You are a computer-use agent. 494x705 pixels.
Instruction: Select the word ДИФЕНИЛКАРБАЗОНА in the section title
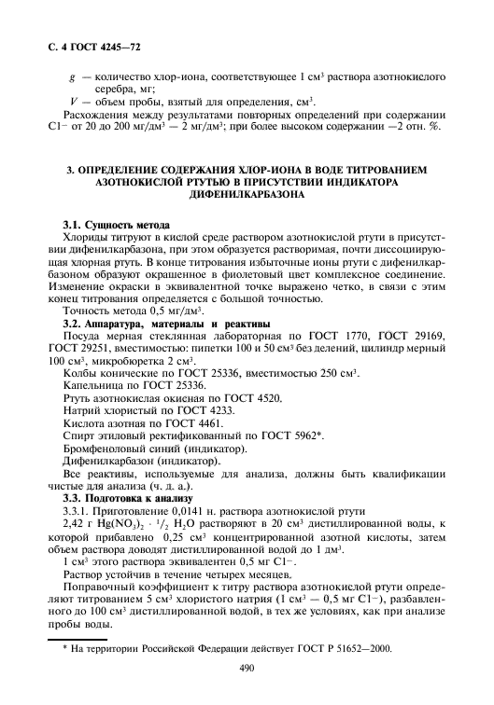(x=247, y=198)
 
